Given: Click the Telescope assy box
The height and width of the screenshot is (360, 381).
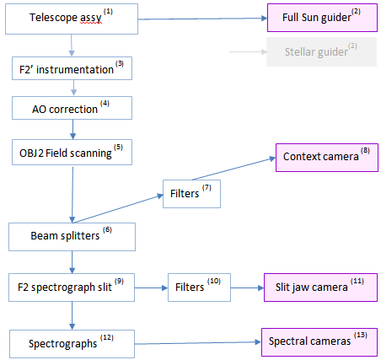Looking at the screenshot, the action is tap(72, 19).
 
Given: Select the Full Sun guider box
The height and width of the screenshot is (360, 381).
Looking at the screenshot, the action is tap(322, 18).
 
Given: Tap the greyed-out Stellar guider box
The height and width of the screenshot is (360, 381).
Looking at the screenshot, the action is tap(321, 52).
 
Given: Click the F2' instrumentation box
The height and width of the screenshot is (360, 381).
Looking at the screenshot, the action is tap(72, 68).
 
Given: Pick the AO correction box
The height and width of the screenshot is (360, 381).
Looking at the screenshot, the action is tap(72, 108).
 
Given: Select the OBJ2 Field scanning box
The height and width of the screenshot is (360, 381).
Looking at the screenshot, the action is tap(72, 153).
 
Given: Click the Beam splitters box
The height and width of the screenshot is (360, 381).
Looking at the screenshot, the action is tap(72, 237).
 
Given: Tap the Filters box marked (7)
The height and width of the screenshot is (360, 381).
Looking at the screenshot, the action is tap(191, 194).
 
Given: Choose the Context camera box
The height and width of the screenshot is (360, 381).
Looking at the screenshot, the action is tap(327, 158).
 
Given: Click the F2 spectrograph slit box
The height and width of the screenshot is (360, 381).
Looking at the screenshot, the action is tap(72, 287).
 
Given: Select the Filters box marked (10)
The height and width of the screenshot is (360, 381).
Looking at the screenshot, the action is tap(199, 287).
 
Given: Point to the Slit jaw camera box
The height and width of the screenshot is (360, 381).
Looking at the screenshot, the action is tap(320, 287).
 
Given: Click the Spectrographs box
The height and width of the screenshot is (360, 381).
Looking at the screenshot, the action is tap(72, 344).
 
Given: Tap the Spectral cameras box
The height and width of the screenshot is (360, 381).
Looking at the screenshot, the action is tap(319, 342).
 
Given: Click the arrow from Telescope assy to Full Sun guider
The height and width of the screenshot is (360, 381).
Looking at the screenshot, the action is tap(202, 19).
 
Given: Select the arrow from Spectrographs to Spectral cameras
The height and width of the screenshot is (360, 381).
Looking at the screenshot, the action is tap(198, 343).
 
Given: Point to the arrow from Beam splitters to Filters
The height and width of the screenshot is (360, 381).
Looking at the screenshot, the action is tap(118, 209).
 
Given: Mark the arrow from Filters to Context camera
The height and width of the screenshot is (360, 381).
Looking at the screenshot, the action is tap(233, 169).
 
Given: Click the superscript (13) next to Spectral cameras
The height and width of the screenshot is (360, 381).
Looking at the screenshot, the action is tap(361, 335).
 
